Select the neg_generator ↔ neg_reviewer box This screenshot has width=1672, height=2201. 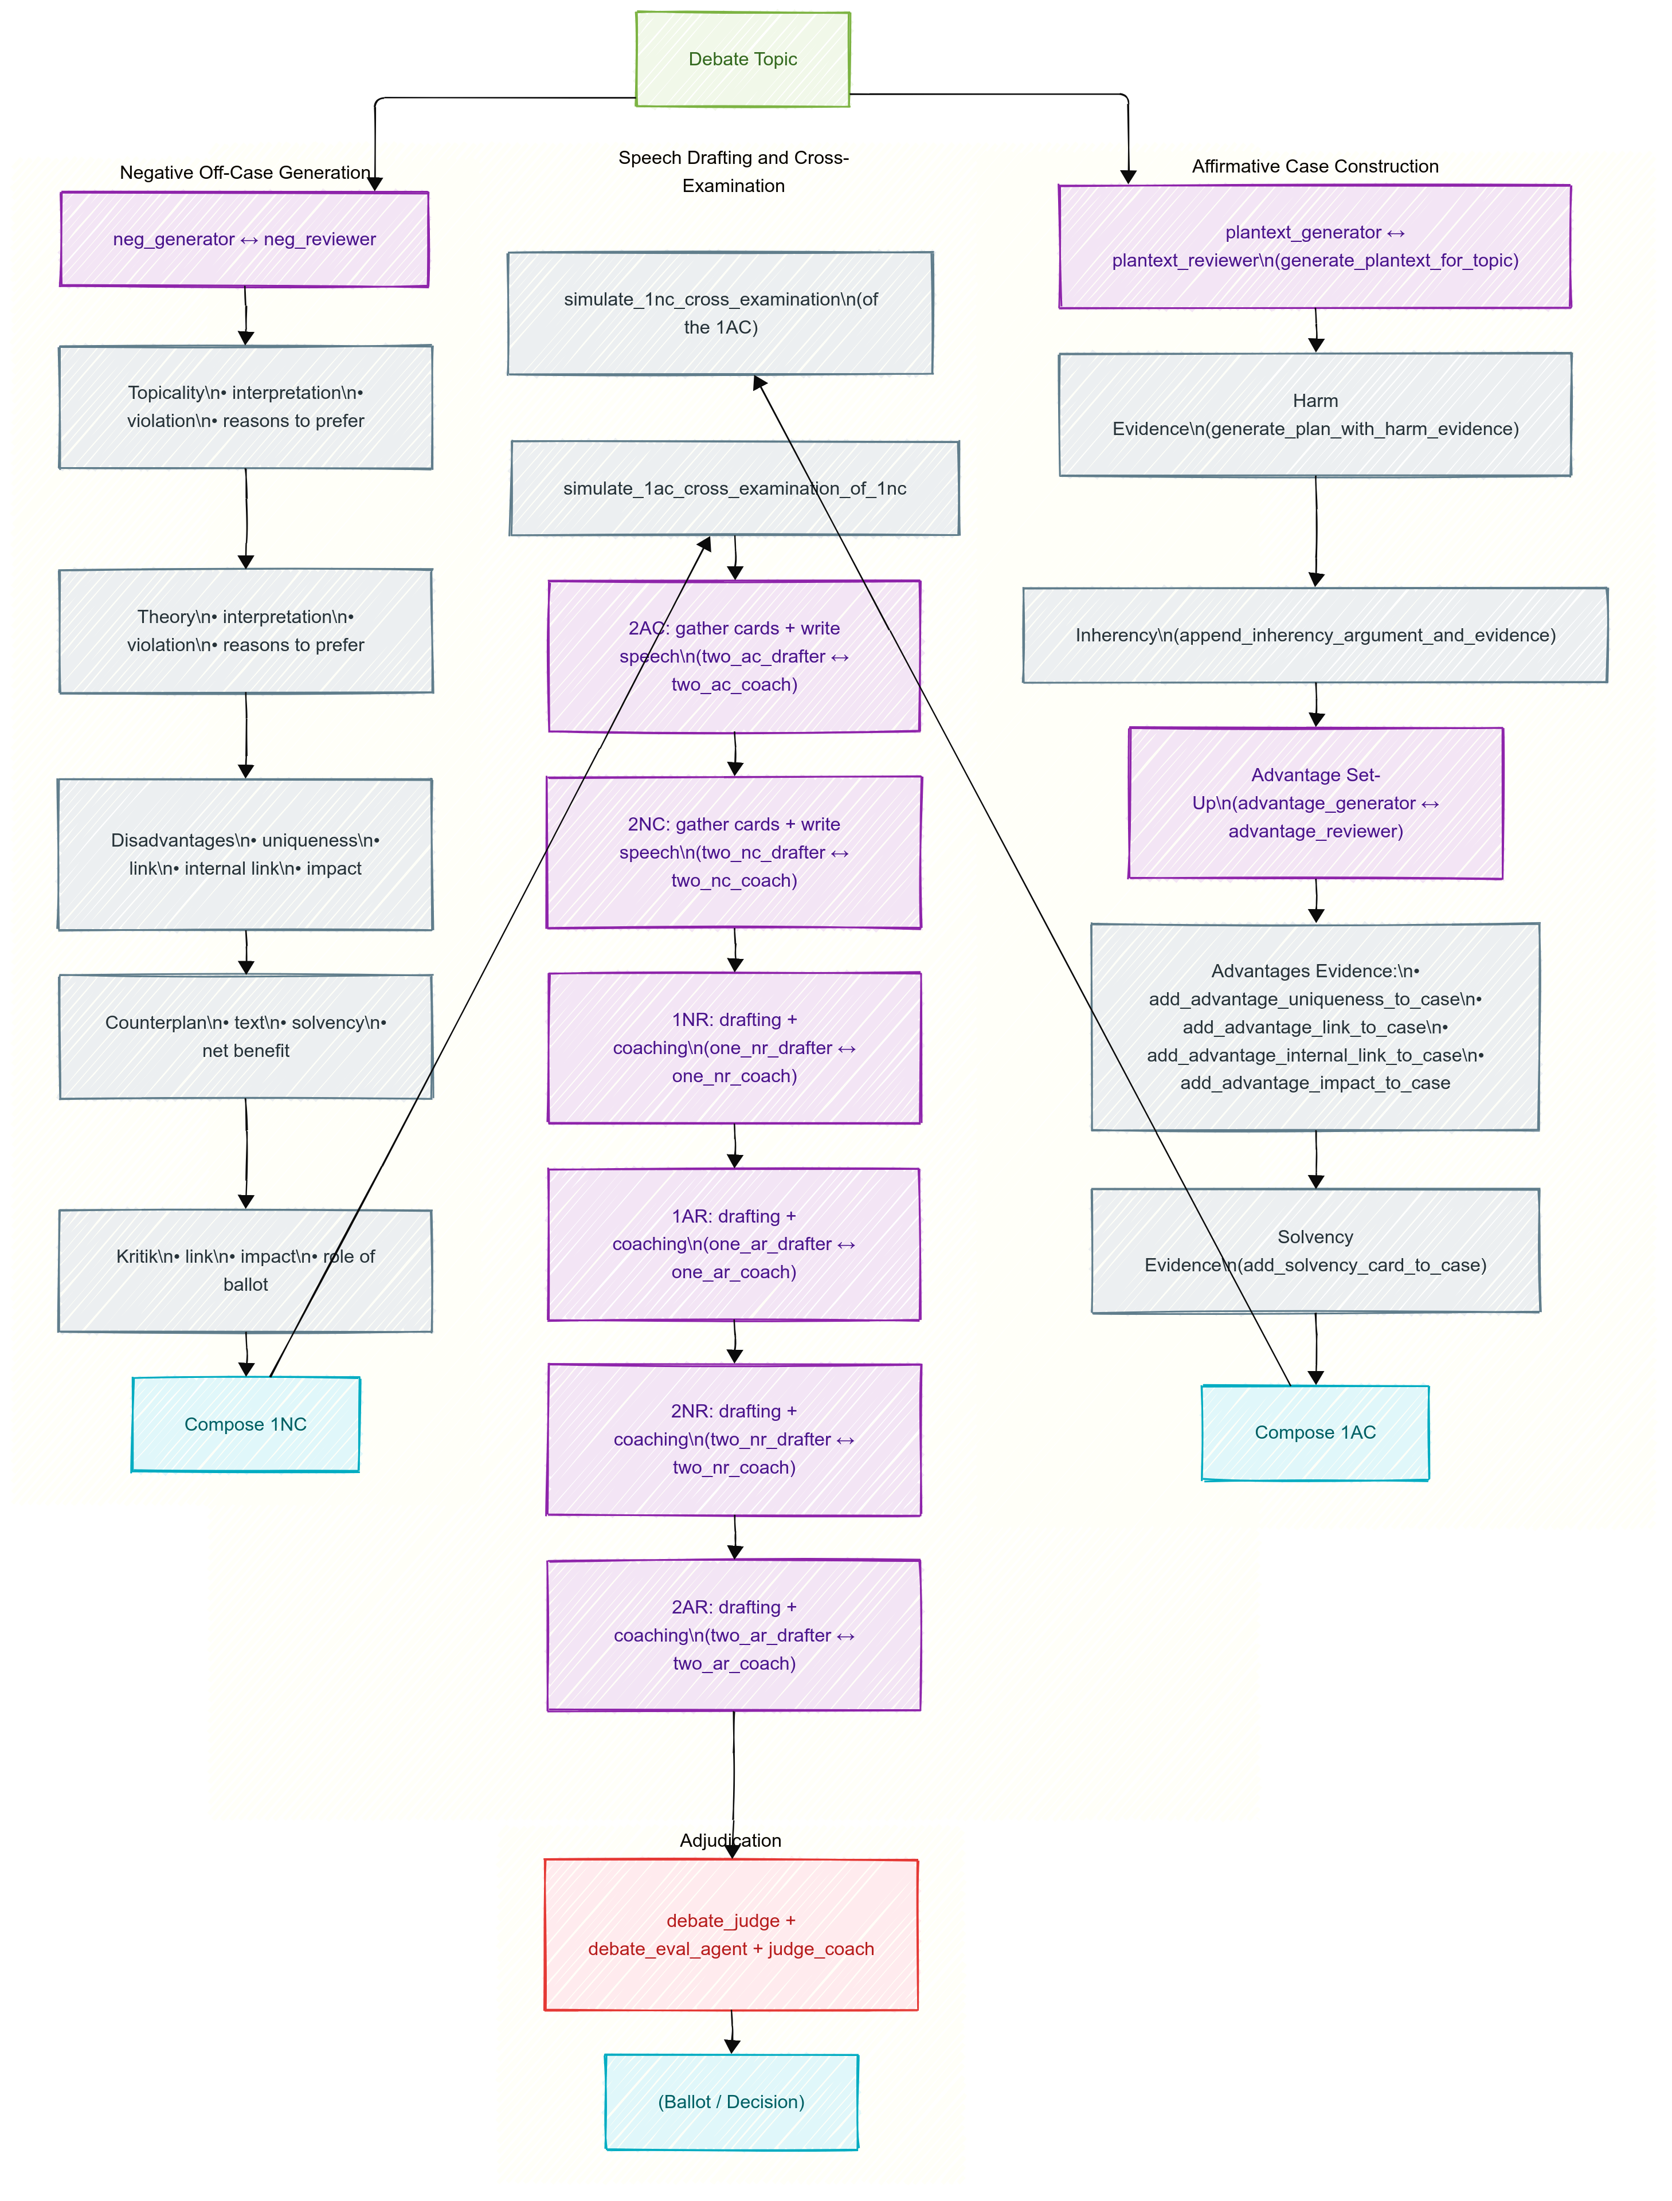245,240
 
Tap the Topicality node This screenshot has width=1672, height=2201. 245,407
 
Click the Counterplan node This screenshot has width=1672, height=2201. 245,1037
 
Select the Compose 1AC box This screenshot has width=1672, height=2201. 1315,1433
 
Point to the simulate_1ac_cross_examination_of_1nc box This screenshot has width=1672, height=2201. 734,488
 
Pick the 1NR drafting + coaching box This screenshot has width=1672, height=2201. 734,1048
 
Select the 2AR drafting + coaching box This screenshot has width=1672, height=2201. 734,1635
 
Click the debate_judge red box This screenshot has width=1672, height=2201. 730,1934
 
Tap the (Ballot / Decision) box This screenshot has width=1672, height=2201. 730,2101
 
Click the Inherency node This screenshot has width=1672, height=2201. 1315,635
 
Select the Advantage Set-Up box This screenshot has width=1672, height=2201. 1315,803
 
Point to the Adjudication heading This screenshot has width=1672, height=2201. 730,1840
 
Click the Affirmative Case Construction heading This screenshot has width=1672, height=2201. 1315,166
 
